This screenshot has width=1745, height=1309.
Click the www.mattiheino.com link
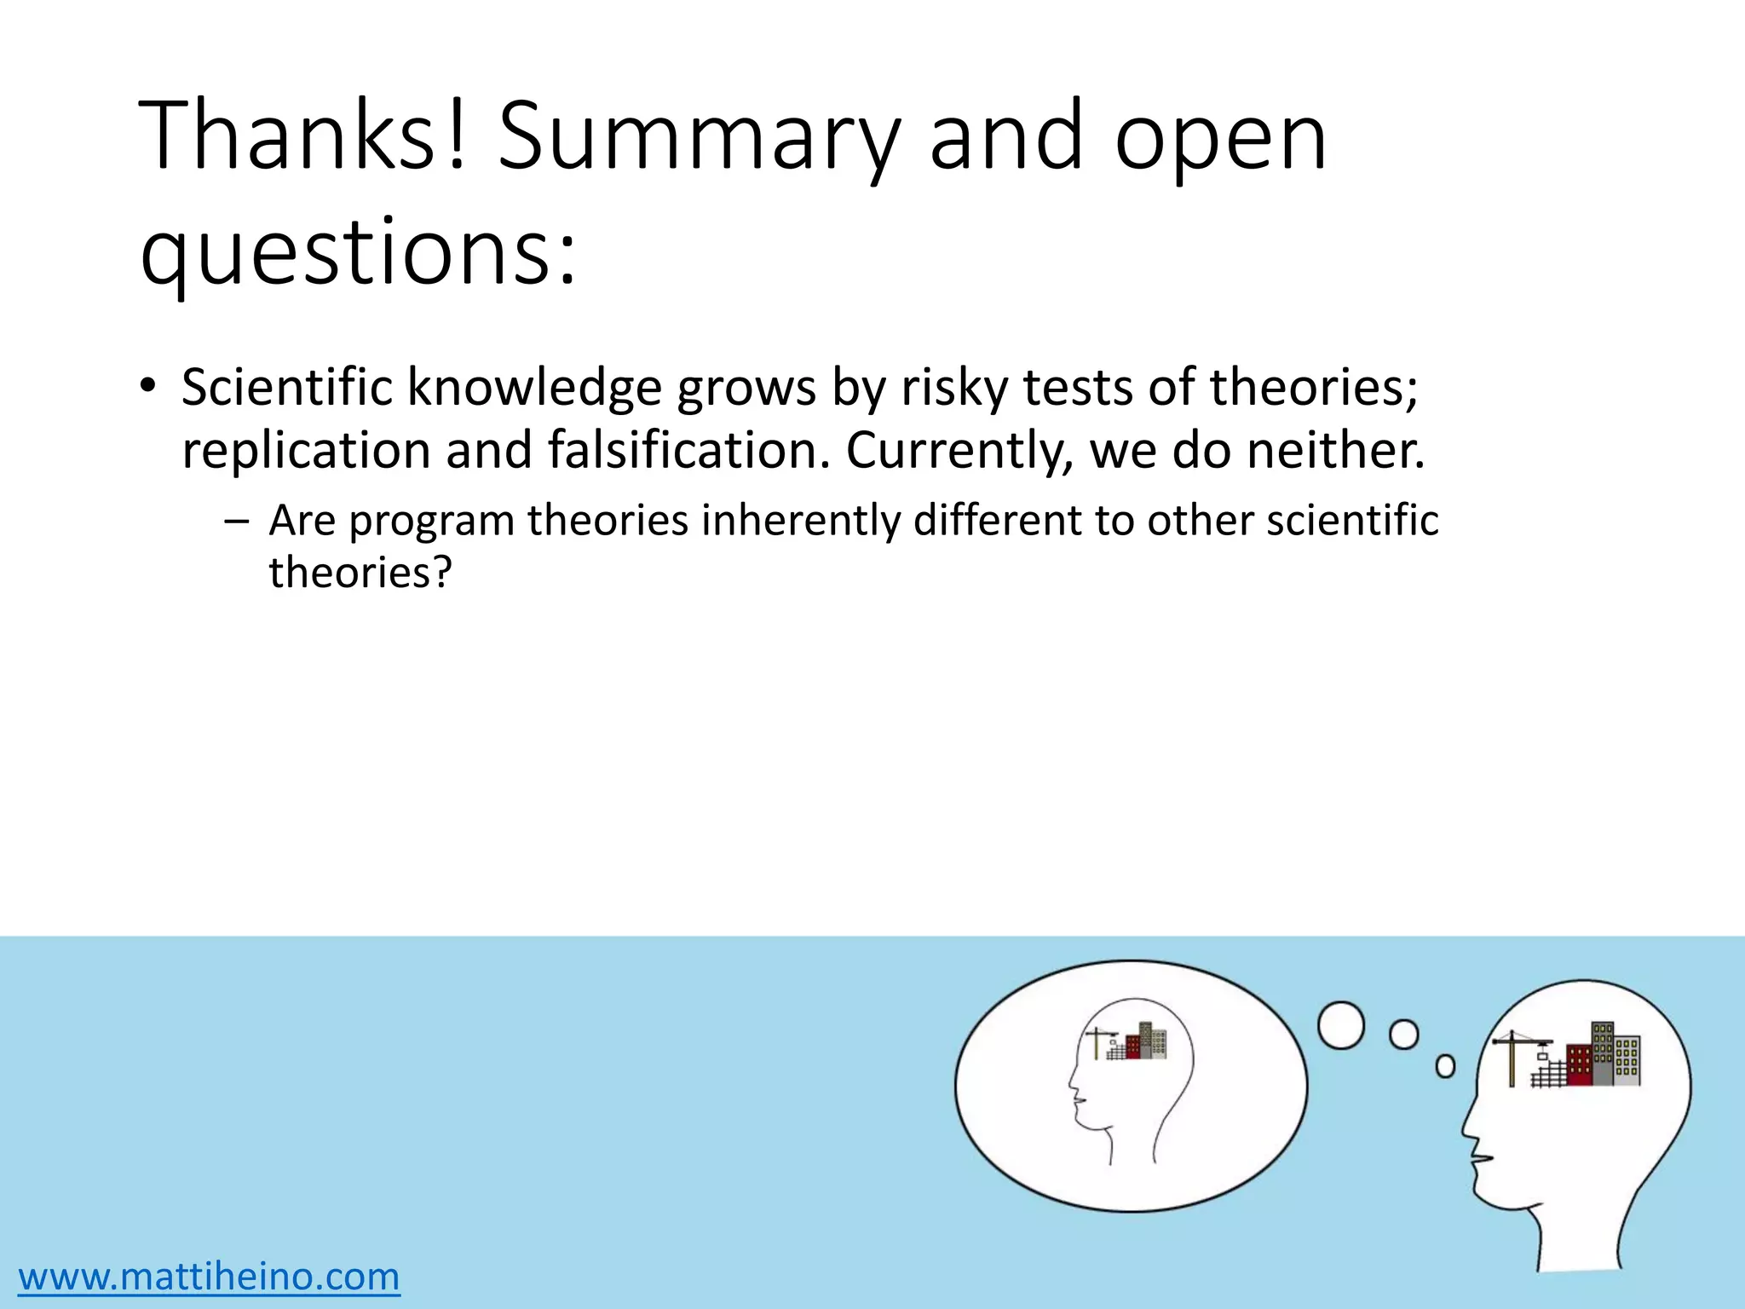(x=210, y=1277)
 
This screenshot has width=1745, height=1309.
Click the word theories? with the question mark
(x=360, y=573)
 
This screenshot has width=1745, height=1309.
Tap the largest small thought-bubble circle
(x=1341, y=1025)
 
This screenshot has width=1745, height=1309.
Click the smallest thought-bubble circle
(x=1446, y=1066)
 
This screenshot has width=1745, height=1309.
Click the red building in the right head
(x=1578, y=1065)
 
